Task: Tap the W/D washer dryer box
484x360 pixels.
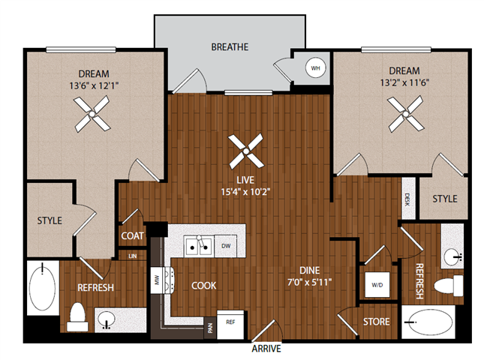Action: point(376,284)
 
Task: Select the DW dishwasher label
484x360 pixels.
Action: point(227,244)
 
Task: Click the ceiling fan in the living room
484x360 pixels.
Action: point(246,150)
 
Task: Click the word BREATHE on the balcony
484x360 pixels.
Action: point(230,46)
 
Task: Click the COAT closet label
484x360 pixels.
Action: point(132,235)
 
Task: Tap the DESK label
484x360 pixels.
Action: point(407,199)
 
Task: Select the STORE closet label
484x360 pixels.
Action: point(376,322)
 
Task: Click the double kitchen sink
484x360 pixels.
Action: point(199,244)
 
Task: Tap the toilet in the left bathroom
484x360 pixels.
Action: point(77,318)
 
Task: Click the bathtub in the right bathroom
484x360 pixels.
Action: point(428,325)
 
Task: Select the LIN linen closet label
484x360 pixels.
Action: point(132,256)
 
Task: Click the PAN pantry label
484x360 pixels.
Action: point(209,325)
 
